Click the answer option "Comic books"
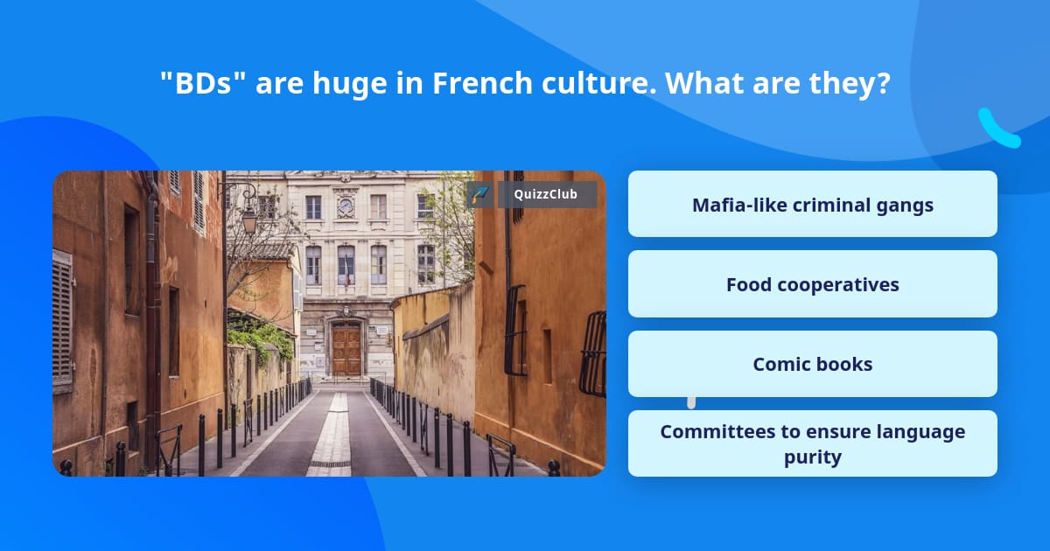(812, 364)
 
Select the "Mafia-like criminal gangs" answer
(812, 205)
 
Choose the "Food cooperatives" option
(812, 284)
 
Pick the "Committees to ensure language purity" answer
(812, 443)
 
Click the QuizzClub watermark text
(546, 194)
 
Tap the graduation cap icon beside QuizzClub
(479, 194)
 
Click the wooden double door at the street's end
(346, 348)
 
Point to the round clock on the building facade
(346, 207)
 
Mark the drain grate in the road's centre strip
(330, 463)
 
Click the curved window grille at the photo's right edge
(593, 353)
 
